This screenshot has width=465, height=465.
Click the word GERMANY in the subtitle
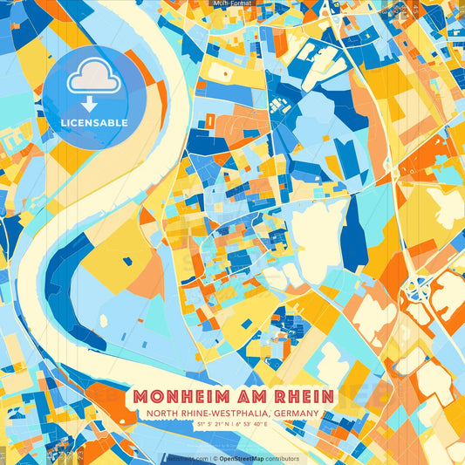292,414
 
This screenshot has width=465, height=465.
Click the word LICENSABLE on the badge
94,123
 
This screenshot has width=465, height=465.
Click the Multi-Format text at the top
232,3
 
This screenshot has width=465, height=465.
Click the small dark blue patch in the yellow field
127,260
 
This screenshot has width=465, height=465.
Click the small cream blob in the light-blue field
104,320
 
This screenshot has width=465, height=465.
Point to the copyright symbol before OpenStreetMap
215,458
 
